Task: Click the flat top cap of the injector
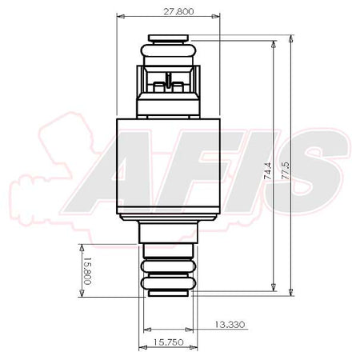click(x=168, y=38)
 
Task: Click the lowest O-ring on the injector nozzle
click(x=168, y=282)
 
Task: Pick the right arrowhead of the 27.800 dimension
click(x=218, y=16)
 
